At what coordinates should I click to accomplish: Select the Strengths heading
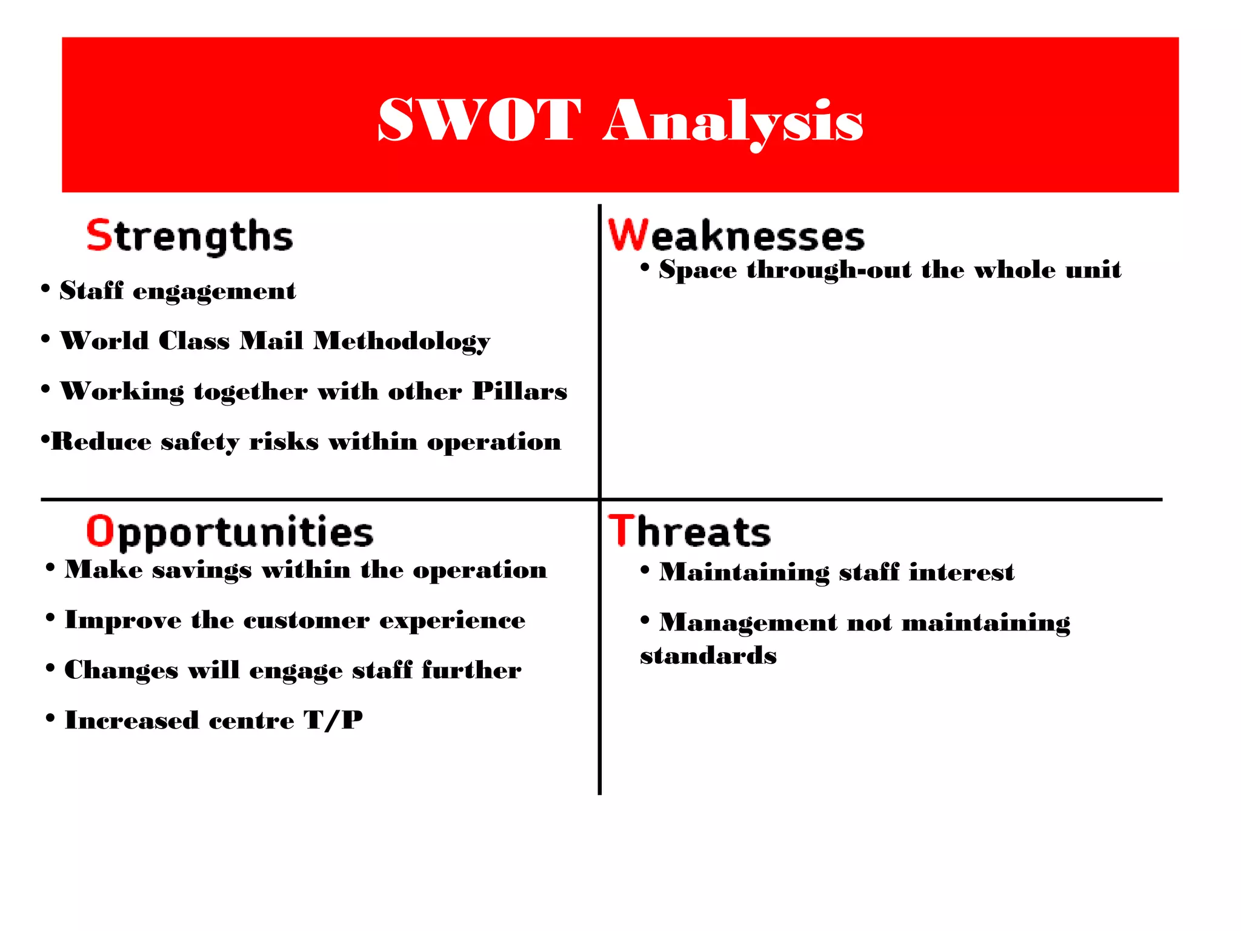[190, 236]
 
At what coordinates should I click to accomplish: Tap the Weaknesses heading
[736, 236]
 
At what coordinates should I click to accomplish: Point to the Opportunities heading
[230, 532]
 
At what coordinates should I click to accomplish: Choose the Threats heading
[690, 532]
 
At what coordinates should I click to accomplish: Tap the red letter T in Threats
[621, 530]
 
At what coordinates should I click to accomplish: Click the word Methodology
[401, 341]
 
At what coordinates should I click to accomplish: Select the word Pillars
[519, 392]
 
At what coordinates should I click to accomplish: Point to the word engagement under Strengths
[214, 292]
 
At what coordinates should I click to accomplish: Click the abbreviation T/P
[333, 720]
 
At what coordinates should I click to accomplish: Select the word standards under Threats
[708, 656]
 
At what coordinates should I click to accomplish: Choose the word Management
[748, 622]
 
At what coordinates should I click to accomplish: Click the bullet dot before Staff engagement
[45, 289]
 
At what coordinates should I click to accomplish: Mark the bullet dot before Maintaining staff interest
[645, 570]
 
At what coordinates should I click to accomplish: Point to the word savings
[202, 570]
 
